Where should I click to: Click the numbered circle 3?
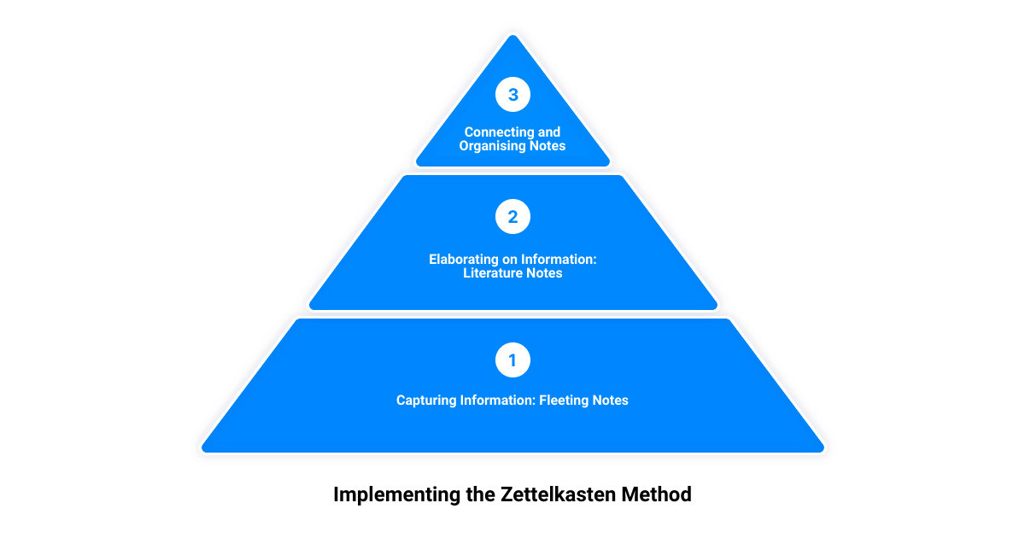click(512, 94)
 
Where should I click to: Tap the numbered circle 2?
click(512, 216)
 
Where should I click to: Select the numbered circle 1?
click(512, 360)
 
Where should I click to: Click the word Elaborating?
click(464, 260)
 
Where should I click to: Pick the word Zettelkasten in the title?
click(558, 494)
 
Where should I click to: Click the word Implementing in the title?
click(396, 495)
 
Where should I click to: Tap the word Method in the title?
click(656, 494)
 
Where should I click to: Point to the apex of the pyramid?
click(512, 36)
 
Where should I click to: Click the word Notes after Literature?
click(545, 273)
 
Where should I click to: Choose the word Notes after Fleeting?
click(611, 401)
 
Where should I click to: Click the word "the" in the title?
click(480, 494)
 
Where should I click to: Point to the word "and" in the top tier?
click(549, 132)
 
